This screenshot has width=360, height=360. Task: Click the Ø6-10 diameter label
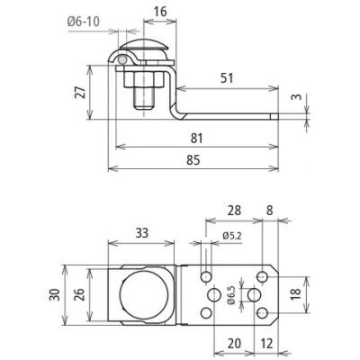[x=84, y=22]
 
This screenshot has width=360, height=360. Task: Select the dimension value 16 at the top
[x=160, y=12]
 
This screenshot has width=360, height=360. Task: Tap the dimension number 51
[x=227, y=78]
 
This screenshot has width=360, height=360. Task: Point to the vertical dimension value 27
[x=81, y=92]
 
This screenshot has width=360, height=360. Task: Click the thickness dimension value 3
[x=296, y=97]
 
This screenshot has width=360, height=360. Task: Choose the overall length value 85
[x=193, y=160]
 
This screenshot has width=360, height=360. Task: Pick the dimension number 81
[x=196, y=139]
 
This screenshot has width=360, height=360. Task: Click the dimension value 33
[x=141, y=233]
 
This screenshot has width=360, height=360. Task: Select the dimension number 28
[x=234, y=211]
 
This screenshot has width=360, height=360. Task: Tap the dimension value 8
[x=270, y=211]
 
